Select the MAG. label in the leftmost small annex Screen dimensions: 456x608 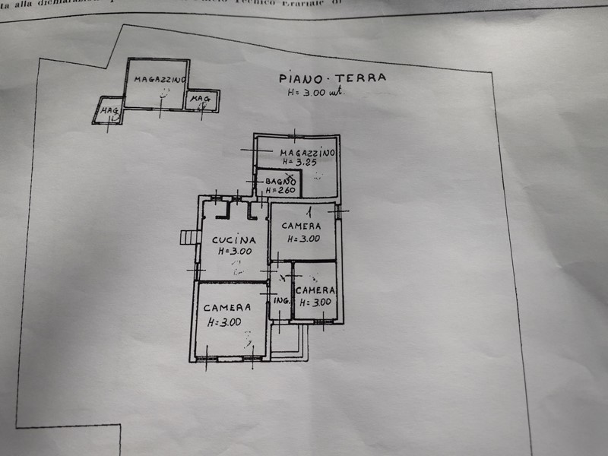[109, 112]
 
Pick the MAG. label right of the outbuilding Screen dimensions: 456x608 [200, 100]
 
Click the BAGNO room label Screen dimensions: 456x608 [279, 181]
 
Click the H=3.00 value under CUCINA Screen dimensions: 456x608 [234, 250]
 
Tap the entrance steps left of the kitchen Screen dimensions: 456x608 [188, 238]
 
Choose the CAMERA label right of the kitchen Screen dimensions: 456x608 [302, 226]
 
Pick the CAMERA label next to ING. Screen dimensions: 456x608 [316, 290]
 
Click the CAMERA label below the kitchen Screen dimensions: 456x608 [227, 308]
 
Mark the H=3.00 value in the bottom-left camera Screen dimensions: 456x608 [224, 321]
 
